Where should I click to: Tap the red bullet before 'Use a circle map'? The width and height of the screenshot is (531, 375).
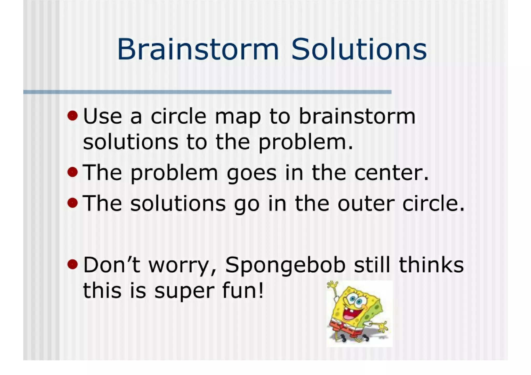coord(73,116)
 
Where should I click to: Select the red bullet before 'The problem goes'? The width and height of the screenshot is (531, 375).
coord(73,172)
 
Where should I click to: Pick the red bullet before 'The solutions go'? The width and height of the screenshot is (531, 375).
coord(73,203)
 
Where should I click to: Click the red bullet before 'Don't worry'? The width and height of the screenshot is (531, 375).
coord(73,264)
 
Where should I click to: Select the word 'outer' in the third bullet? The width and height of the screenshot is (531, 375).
coord(366,203)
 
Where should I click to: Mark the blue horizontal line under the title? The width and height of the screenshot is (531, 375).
coord(207,92)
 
